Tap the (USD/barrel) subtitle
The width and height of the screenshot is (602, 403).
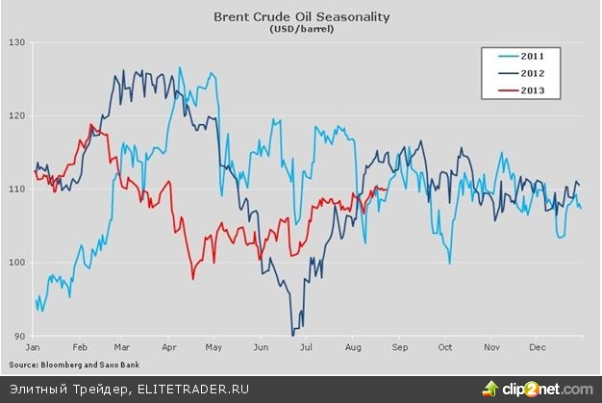point(300,30)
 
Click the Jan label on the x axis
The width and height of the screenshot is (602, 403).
point(32,345)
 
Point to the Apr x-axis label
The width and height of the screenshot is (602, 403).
point(169,345)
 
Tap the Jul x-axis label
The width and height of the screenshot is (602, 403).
point(306,345)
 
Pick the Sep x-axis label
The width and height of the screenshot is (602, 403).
point(400,345)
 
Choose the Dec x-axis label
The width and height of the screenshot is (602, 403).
point(538,345)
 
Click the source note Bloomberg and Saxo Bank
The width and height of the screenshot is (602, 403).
point(77,365)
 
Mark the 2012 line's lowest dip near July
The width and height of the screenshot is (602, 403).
point(291,335)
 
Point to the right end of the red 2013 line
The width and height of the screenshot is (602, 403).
point(387,189)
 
